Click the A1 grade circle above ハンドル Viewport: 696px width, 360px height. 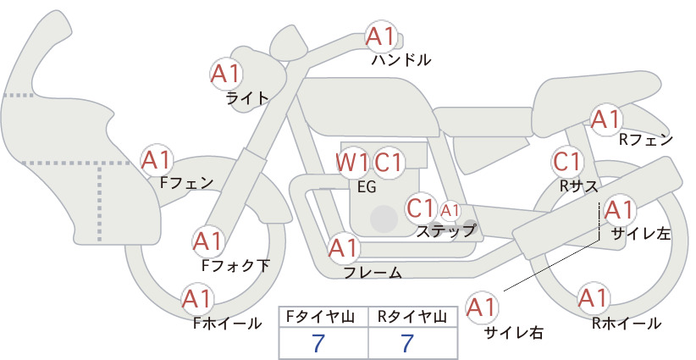click(x=381, y=36)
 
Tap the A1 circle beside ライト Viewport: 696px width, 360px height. click(x=226, y=74)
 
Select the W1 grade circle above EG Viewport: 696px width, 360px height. click(x=351, y=163)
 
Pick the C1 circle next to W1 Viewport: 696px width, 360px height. click(x=388, y=163)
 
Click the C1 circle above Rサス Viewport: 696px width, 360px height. click(x=567, y=162)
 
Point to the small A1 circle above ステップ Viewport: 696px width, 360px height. click(x=450, y=211)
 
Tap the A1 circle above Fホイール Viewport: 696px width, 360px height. click(x=197, y=299)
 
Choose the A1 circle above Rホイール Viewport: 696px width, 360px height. click(x=593, y=298)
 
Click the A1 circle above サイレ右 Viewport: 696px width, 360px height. click(x=482, y=307)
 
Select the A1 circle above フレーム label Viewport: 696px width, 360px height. click(x=344, y=248)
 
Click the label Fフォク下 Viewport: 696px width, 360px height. click(x=235, y=265)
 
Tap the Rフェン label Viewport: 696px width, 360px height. click(x=646, y=140)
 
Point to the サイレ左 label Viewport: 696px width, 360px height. click(x=641, y=234)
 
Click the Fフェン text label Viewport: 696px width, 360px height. click(x=186, y=182)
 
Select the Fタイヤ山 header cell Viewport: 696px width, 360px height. click(x=323, y=317)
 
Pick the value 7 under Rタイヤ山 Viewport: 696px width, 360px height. click(x=407, y=343)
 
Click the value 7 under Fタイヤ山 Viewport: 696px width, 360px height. click(x=318, y=343)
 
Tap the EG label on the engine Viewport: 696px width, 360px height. click(x=367, y=187)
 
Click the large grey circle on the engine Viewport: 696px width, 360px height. click(x=384, y=219)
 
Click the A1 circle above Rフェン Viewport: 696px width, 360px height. click(x=606, y=119)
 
